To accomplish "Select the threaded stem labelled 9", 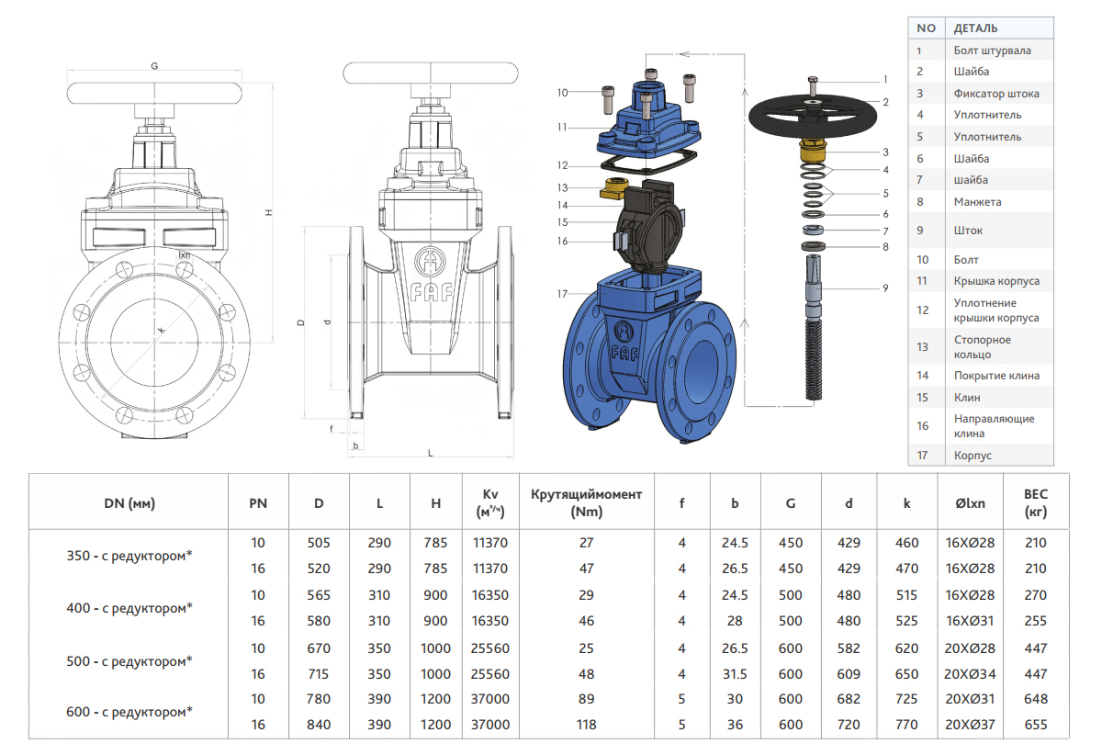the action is (x=814, y=327).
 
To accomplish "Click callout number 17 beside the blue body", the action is (x=562, y=294).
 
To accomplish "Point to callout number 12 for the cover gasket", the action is (x=562, y=165).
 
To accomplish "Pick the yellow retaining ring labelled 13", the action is (x=613, y=187).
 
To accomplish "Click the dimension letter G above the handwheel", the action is (x=154, y=65).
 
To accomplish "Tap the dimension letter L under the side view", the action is (x=431, y=454).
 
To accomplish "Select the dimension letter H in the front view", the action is (x=268, y=212).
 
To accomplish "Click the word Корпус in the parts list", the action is (x=973, y=456).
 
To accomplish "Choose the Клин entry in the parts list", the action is (x=967, y=397).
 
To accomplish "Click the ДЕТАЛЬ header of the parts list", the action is (x=975, y=28).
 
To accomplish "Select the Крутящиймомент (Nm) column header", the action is (x=587, y=503).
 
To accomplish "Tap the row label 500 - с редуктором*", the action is (x=129, y=661).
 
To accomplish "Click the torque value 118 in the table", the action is (x=587, y=725).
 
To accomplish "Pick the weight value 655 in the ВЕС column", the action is (x=1036, y=725).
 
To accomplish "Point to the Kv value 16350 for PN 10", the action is (x=490, y=595).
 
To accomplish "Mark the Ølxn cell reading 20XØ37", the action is (x=970, y=725).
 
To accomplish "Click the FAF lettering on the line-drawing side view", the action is (x=432, y=293).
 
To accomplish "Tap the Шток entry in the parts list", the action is (x=968, y=231).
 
